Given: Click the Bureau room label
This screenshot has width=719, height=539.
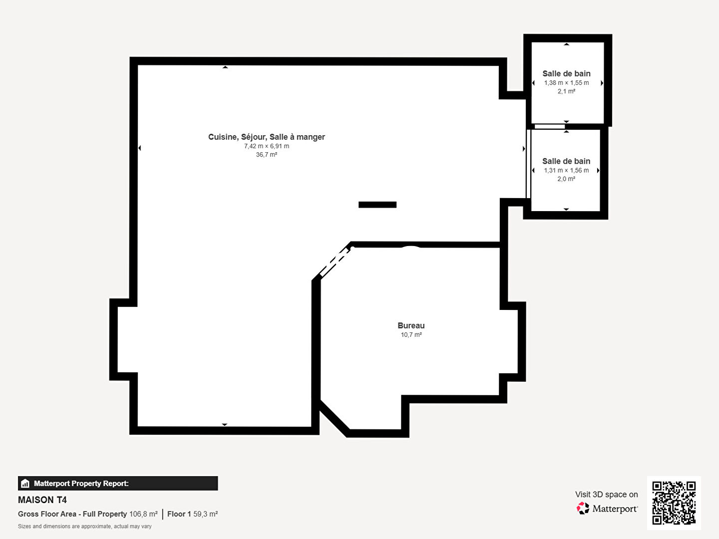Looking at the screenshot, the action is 411,325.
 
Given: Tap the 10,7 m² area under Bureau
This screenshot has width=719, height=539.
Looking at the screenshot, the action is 411,335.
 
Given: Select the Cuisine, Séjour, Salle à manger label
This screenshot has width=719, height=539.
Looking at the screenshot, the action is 267,137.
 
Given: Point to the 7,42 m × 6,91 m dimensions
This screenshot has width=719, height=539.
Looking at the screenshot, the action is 267,146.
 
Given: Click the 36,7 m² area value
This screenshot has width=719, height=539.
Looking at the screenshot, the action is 267,155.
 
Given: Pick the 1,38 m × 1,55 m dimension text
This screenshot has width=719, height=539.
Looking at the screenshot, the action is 566,83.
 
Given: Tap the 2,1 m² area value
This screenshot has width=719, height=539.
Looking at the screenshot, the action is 566,91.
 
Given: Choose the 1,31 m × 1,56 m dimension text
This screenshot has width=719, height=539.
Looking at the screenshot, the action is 566,171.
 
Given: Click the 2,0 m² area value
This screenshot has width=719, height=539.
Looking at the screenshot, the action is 566,179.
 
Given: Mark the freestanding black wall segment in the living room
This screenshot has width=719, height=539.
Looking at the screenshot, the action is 377,205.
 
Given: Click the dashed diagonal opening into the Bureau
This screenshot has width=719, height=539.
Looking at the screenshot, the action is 336,263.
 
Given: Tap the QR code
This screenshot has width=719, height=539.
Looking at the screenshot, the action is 674,503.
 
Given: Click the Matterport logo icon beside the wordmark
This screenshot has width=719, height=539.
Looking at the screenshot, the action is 583,508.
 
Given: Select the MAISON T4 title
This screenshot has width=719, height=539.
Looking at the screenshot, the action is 42,500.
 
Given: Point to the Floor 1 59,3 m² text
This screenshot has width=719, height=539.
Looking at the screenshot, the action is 193,514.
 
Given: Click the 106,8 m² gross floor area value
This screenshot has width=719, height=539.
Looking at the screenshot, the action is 143,514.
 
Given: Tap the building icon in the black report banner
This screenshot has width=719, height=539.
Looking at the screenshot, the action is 25,484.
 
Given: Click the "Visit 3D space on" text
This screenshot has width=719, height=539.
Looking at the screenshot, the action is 606,495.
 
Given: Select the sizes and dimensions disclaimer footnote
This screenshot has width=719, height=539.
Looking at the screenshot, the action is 84,526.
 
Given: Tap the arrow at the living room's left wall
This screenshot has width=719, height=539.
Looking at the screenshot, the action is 139,148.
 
